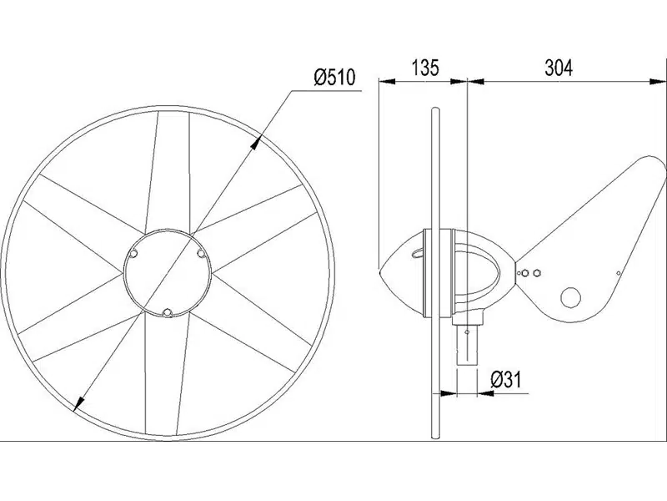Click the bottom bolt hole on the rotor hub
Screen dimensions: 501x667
tap(168, 311)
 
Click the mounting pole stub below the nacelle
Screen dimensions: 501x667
tap(470, 338)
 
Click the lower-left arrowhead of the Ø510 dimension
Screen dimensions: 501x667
tap(78, 405)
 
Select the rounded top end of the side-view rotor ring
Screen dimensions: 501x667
tap(434, 111)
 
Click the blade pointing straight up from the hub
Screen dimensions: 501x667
tap(172, 171)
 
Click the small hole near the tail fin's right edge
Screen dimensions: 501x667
tap(616, 271)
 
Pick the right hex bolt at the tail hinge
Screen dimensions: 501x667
tap(539, 272)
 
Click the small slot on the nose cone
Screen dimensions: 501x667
tap(418, 248)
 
